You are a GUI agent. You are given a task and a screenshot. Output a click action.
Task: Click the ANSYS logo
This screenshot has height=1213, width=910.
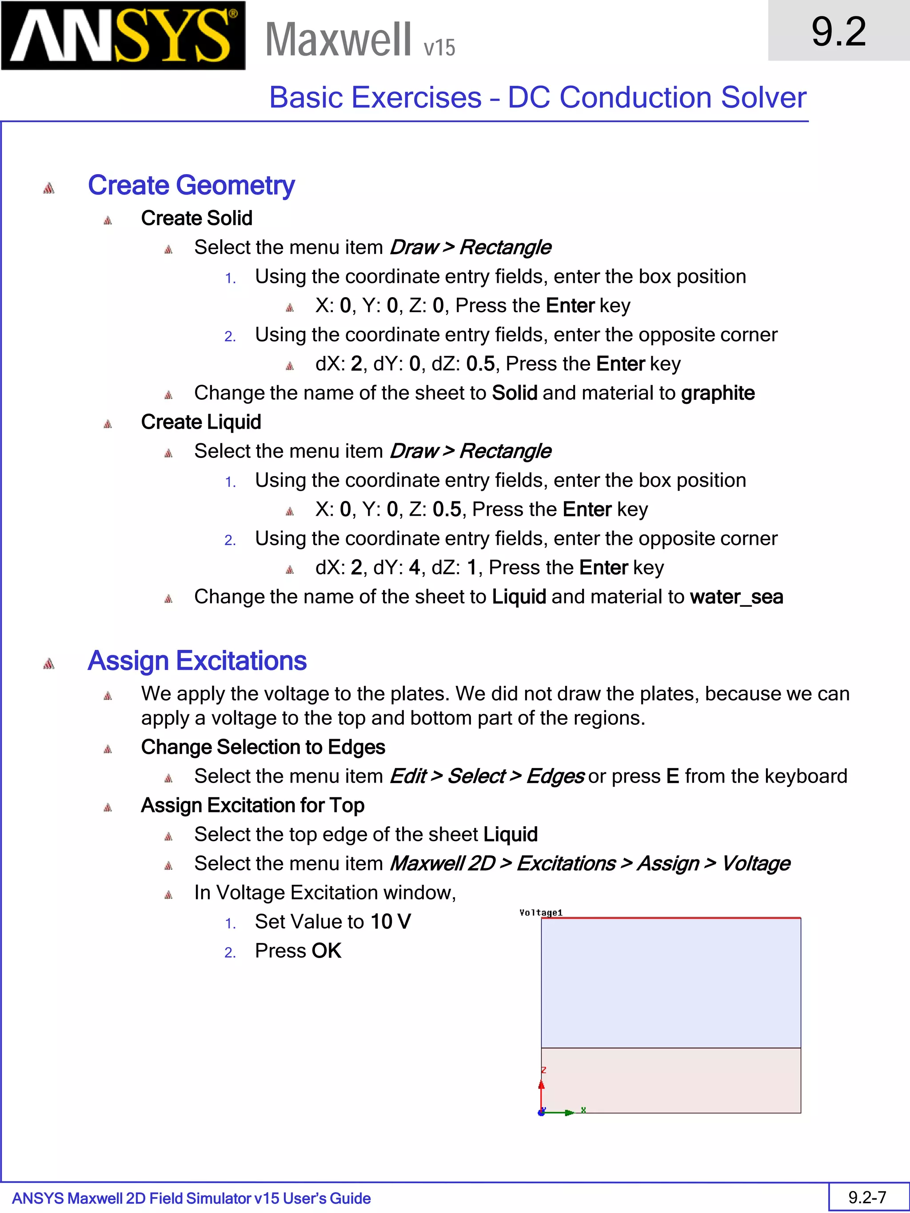tap(123, 36)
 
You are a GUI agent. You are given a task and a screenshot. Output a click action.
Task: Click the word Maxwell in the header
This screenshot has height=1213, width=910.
tap(338, 40)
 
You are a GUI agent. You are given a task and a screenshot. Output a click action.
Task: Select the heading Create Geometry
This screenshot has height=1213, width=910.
tap(191, 185)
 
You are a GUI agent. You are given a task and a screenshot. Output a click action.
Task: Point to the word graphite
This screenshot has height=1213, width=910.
tap(718, 393)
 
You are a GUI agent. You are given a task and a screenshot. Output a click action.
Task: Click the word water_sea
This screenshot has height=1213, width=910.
tap(736, 597)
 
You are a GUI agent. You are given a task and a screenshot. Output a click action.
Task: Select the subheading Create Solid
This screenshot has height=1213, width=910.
tap(196, 218)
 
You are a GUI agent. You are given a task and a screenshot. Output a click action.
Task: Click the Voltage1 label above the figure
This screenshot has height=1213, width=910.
tap(540, 912)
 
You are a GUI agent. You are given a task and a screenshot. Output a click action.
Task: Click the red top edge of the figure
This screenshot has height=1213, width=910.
tap(671, 918)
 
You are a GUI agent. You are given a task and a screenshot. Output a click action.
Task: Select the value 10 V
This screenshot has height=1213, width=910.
tap(390, 922)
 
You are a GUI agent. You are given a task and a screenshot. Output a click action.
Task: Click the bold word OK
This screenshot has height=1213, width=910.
tap(327, 951)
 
